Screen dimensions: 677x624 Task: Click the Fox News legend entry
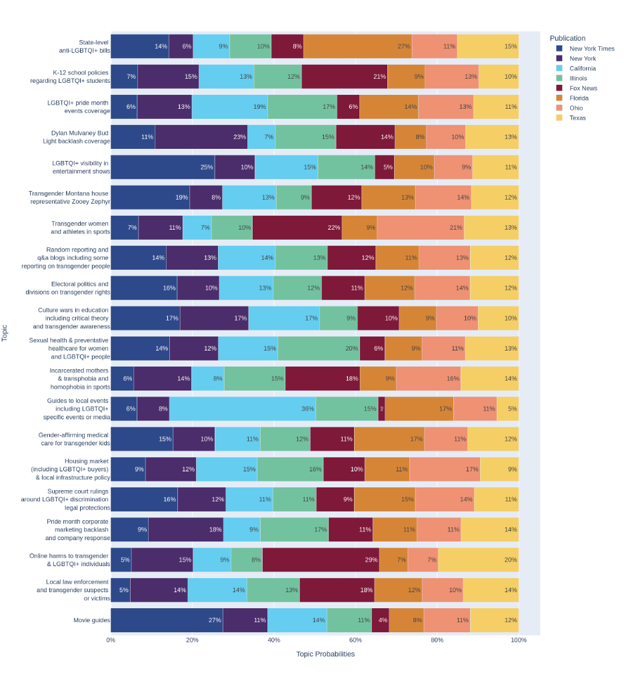tap(583, 88)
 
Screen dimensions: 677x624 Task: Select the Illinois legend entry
tap(578, 78)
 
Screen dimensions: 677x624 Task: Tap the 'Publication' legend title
tap(567, 38)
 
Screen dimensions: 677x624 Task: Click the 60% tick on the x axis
tap(355, 640)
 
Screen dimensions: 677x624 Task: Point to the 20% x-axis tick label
tap(192, 640)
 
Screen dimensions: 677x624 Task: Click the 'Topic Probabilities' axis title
tap(325, 654)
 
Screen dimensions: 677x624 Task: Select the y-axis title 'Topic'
tap(5, 333)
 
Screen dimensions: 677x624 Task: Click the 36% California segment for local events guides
tap(243, 409)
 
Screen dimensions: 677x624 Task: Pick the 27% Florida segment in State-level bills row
tap(357, 46)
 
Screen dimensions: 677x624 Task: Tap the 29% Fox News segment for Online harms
tap(321, 559)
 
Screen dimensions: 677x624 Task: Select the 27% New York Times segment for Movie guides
tap(167, 620)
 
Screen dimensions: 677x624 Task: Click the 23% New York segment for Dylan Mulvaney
tap(201, 137)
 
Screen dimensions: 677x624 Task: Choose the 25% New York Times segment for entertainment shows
tap(163, 167)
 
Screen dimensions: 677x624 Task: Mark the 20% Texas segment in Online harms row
tap(478, 559)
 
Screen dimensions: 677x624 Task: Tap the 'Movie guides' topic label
tap(91, 620)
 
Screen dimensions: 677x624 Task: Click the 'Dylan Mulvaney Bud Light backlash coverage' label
tap(77, 137)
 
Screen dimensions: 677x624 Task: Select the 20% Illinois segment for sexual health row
tap(319, 349)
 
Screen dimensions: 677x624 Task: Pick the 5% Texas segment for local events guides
tap(508, 409)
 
